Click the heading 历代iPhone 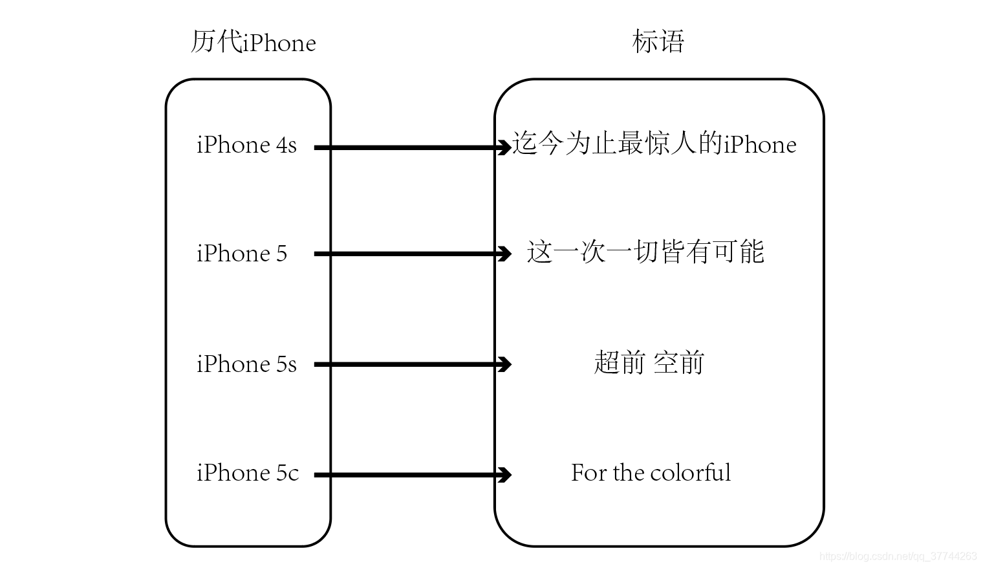(253, 43)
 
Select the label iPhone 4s (246, 145)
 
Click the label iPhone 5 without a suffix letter (242, 254)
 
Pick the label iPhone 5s (246, 364)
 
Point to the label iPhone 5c (248, 473)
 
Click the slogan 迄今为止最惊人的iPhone (654, 144)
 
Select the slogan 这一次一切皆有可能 (645, 252)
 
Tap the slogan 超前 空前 (649, 363)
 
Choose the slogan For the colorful (651, 473)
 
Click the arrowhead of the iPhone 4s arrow (504, 147)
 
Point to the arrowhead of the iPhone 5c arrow (504, 475)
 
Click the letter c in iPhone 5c (294, 474)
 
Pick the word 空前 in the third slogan (678, 363)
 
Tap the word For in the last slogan (585, 473)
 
